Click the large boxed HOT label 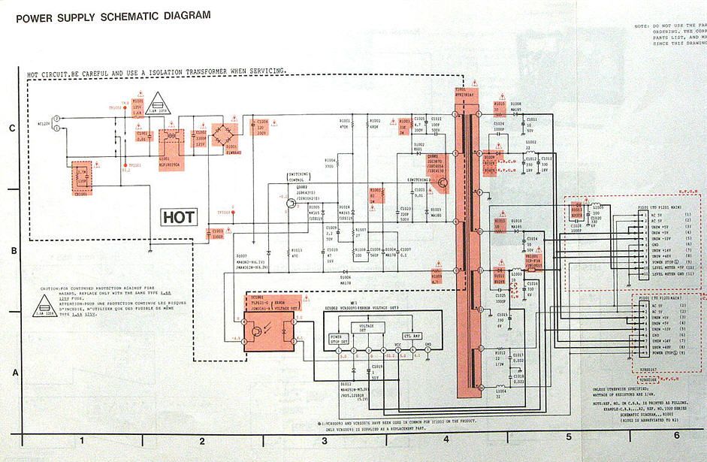pyautogui.click(x=179, y=217)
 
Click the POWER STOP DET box pyautogui.click(x=340, y=337)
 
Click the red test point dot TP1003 pyautogui.click(x=234, y=213)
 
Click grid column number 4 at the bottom pyautogui.click(x=446, y=436)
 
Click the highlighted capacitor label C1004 pyautogui.click(x=261, y=122)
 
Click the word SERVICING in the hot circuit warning pyautogui.click(x=264, y=71)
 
